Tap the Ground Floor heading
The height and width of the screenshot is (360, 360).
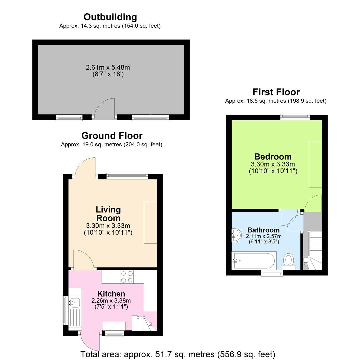click(x=112, y=136)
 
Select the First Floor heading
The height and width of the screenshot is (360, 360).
click(x=276, y=92)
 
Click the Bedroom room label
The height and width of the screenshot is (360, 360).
click(x=273, y=157)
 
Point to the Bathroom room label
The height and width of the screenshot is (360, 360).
click(x=263, y=230)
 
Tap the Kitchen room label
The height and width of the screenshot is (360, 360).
click(x=111, y=294)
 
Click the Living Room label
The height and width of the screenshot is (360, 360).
click(x=108, y=214)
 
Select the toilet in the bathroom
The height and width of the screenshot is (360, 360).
click(x=289, y=260)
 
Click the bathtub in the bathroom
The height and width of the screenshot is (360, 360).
click(x=254, y=261)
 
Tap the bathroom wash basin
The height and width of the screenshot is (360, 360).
click(x=237, y=235)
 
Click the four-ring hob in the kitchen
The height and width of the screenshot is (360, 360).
click(x=127, y=276)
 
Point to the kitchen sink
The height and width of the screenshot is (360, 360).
click(x=74, y=303)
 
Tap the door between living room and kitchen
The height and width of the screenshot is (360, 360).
click(x=83, y=260)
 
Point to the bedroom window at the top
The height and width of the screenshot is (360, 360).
click(x=295, y=117)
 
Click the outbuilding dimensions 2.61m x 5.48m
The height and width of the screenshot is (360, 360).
click(x=108, y=67)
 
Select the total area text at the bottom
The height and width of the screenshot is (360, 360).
click(x=178, y=354)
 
